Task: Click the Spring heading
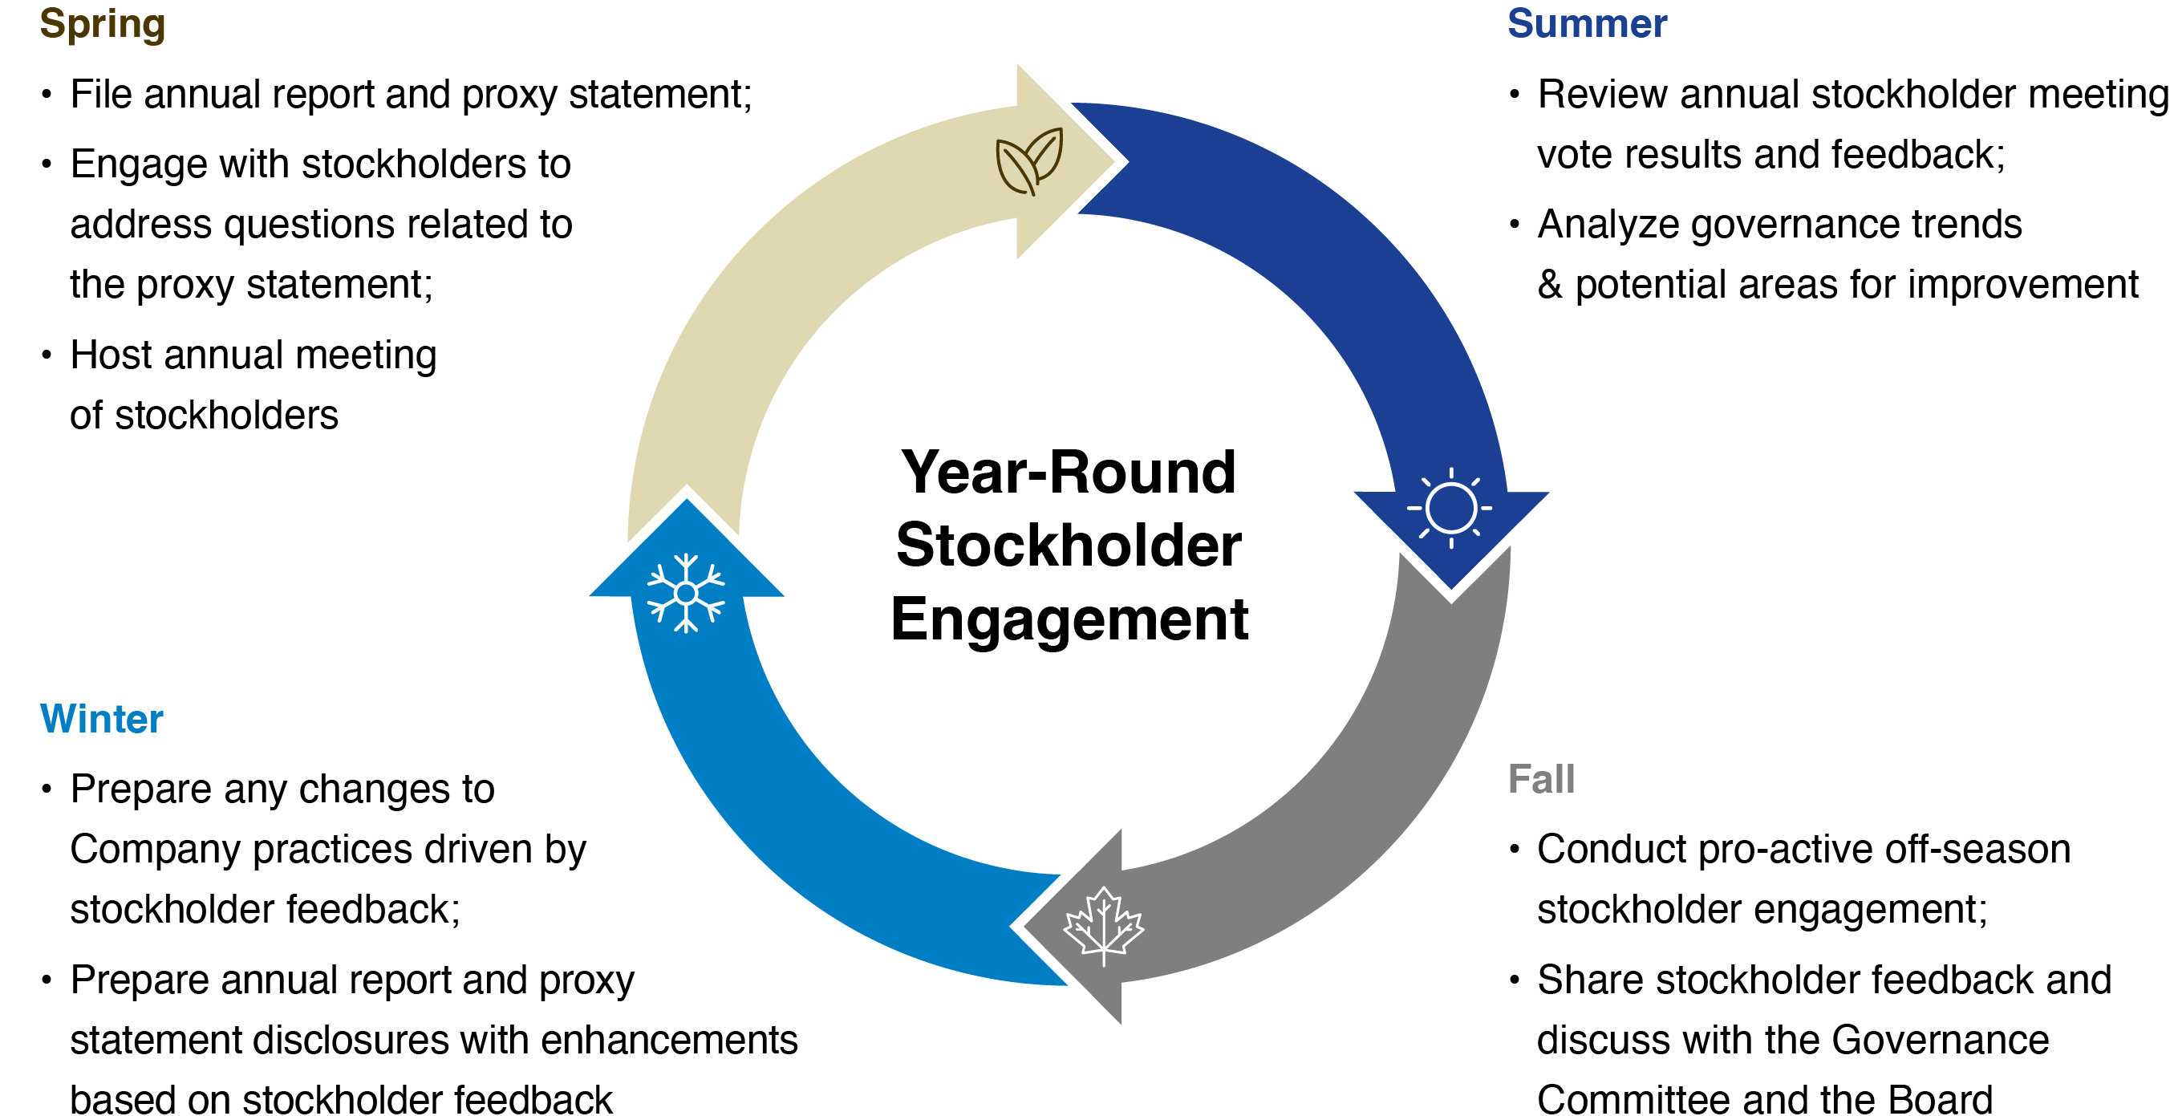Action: click(102, 23)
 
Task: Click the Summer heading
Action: click(1587, 23)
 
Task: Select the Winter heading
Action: click(101, 719)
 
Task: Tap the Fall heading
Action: click(1541, 779)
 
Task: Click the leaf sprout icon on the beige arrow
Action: click(1028, 161)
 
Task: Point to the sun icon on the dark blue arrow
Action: click(1450, 508)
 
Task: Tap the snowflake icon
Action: click(685, 594)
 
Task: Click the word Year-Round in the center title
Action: click(1068, 473)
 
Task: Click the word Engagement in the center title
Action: click(1069, 619)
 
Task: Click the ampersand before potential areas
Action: click(1550, 286)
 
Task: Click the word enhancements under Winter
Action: click(668, 1040)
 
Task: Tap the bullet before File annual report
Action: click(47, 95)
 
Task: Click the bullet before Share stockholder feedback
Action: click(1514, 980)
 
